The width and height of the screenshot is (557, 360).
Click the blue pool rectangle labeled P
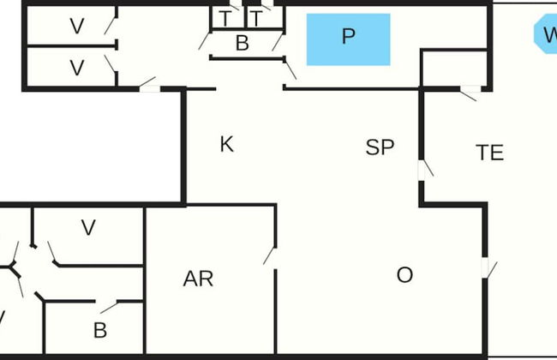click(x=348, y=39)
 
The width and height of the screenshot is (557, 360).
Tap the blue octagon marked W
click(x=546, y=34)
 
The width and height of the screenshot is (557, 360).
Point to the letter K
click(x=226, y=144)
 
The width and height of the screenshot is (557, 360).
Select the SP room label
click(x=380, y=147)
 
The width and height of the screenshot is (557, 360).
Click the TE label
click(x=489, y=153)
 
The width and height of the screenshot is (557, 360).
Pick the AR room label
click(x=198, y=279)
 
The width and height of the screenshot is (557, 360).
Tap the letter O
click(x=405, y=275)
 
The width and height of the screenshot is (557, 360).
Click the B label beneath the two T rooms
click(x=242, y=44)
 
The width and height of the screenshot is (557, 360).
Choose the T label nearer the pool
click(x=255, y=18)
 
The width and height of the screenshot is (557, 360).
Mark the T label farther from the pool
click(x=225, y=18)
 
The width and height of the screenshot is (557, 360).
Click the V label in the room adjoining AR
click(x=87, y=228)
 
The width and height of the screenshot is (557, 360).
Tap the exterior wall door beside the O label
click(x=488, y=268)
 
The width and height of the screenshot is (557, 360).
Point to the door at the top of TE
click(x=469, y=93)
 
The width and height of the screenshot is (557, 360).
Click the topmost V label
click(x=77, y=27)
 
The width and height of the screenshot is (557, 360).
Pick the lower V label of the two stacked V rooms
click(x=77, y=68)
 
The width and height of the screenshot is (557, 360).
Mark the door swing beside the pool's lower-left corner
click(x=290, y=70)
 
